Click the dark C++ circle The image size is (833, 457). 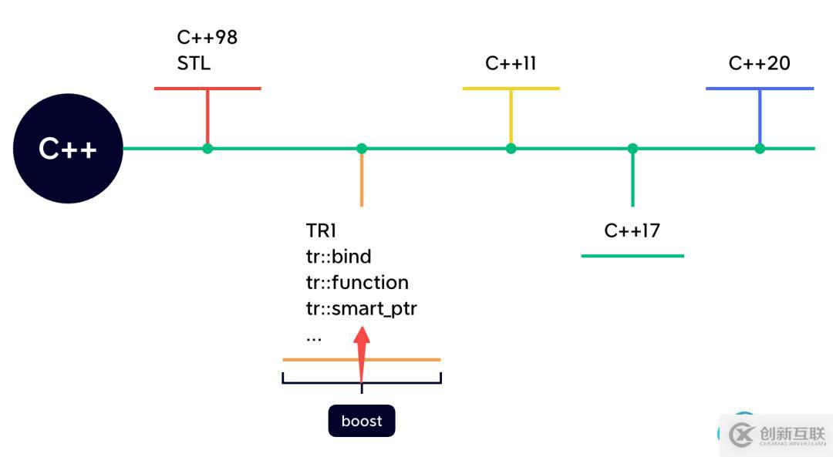(68, 149)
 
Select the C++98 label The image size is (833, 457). (207, 37)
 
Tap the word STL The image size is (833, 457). (194, 63)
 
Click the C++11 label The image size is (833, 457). (511, 63)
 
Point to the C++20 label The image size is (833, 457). (759, 63)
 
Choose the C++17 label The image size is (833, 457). (632, 230)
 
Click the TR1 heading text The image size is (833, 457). (321, 230)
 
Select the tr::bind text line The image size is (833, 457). (339, 257)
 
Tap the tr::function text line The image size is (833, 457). (357, 282)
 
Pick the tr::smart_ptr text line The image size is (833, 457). (361, 308)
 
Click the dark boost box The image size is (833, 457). (362, 421)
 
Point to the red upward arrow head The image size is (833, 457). (362, 338)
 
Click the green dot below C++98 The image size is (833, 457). (207, 149)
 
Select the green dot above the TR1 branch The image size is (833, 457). (362, 149)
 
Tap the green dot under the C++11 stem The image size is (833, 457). (511, 149)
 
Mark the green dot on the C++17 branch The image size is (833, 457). (632, 149)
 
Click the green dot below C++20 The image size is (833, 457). (760, 149)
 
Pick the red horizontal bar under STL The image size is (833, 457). (207, 88)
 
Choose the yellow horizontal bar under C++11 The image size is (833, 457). (511, 88)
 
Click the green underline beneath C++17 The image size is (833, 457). (632, 256)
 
